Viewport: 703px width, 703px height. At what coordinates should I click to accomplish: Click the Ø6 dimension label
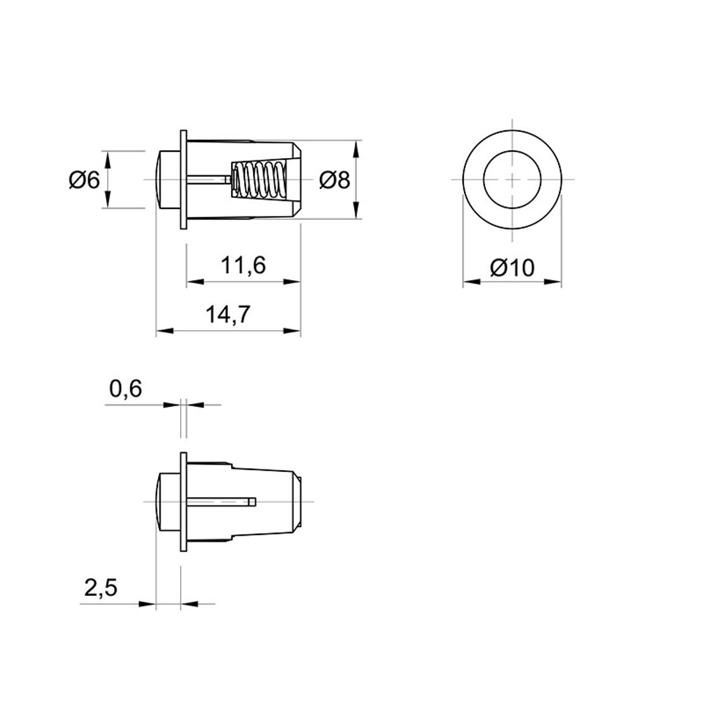point(85,180)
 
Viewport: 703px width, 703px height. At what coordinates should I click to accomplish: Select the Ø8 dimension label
point(334,180)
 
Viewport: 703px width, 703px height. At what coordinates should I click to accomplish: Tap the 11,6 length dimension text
point(243,265)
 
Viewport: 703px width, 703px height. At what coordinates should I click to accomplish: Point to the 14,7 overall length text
point(227,314)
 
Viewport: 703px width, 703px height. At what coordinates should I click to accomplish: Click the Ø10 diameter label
point(513,268)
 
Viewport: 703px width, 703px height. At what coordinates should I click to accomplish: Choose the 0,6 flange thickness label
point(125,389)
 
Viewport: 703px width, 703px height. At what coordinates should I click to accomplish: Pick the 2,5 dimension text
point(101,587)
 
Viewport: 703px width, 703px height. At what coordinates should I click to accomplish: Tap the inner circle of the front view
point(513,151)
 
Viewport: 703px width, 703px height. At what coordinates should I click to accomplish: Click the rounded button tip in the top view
point(168,179)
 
